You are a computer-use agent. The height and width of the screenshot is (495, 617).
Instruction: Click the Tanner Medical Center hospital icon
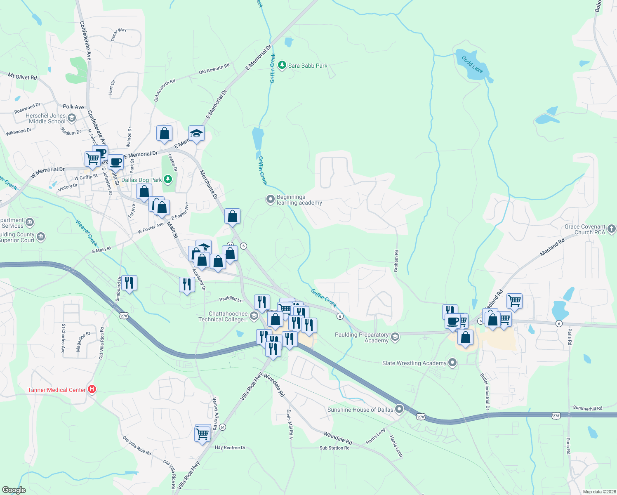(x=92, y=389)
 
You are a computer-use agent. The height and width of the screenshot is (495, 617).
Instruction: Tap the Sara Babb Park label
(x=308, y=66)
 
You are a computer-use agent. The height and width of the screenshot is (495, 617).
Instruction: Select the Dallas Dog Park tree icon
(x=167, y=179)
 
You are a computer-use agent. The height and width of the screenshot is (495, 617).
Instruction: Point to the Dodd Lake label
(x=472, y=64)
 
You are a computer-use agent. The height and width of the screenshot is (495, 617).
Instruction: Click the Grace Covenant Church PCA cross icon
(x=612, y=228)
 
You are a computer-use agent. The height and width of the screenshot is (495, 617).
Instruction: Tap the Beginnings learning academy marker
(x=270, y=200)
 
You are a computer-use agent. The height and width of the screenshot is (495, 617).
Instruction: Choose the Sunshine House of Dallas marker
(x=399, y=409)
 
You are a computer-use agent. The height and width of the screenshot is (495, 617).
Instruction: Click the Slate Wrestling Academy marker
(x=453, y=363)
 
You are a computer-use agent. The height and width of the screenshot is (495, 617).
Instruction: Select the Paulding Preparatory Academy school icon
(x=395, y=337)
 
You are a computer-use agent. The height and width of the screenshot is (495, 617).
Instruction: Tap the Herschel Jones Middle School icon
(x=72, y=119)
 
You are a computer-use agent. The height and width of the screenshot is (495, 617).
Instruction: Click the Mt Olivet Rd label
(x=23, y=77)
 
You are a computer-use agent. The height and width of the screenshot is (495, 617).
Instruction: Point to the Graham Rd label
(x=396, y=261)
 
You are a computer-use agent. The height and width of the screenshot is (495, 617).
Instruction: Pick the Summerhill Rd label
(x=587, y=408)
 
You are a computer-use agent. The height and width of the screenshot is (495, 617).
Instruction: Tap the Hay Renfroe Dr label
(x=230, y=448)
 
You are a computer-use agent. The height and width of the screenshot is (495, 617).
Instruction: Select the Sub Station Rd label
(x=334, y=448)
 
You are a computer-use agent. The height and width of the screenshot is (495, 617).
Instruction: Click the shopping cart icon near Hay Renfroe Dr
(x=203, y=434)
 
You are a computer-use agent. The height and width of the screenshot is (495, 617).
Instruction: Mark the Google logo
(x=14, y=490)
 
